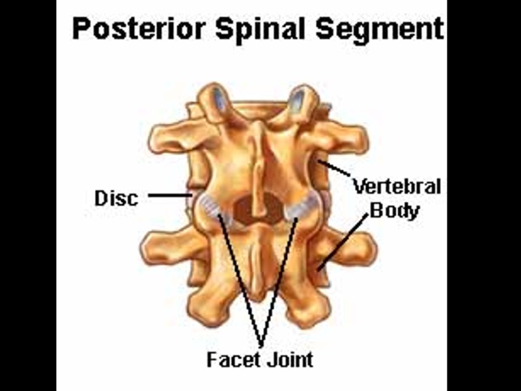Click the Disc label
[117, 197]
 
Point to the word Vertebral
[397, 187]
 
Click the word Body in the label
[394, 210]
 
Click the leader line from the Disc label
[168, 194]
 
